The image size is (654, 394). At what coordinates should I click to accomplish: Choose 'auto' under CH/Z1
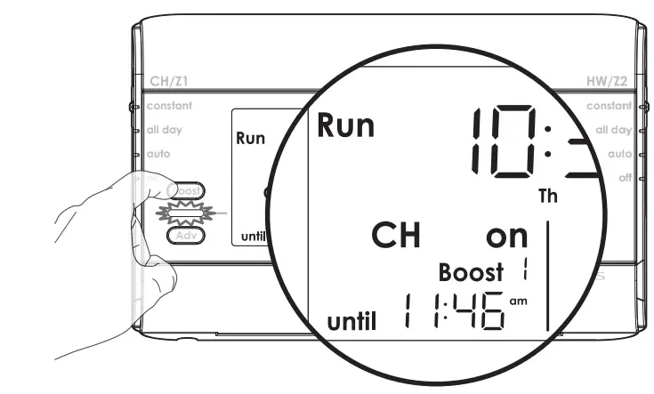[158, 153]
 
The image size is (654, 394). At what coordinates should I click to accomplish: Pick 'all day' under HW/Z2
[613, 130]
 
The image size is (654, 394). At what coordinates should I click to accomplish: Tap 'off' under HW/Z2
[626, 177]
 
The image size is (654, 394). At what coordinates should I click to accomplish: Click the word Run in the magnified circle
[346, 126]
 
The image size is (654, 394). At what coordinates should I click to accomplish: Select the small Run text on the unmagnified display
[251, 140]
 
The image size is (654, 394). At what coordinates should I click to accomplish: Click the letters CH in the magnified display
[394, 236]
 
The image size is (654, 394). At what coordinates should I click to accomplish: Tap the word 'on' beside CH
[506, 237]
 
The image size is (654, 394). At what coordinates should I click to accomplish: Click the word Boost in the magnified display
[471, 271]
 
